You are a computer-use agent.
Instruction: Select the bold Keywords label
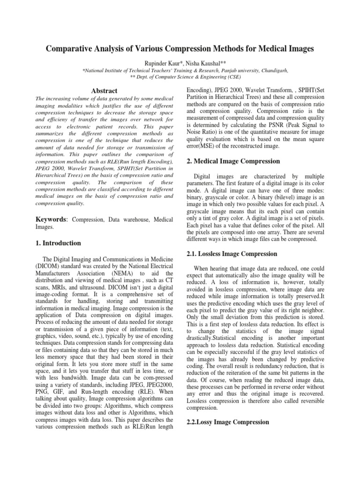click(50, 219)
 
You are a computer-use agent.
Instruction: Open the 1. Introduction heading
click(58, 243)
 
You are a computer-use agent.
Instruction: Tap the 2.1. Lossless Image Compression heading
click(232, 254)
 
